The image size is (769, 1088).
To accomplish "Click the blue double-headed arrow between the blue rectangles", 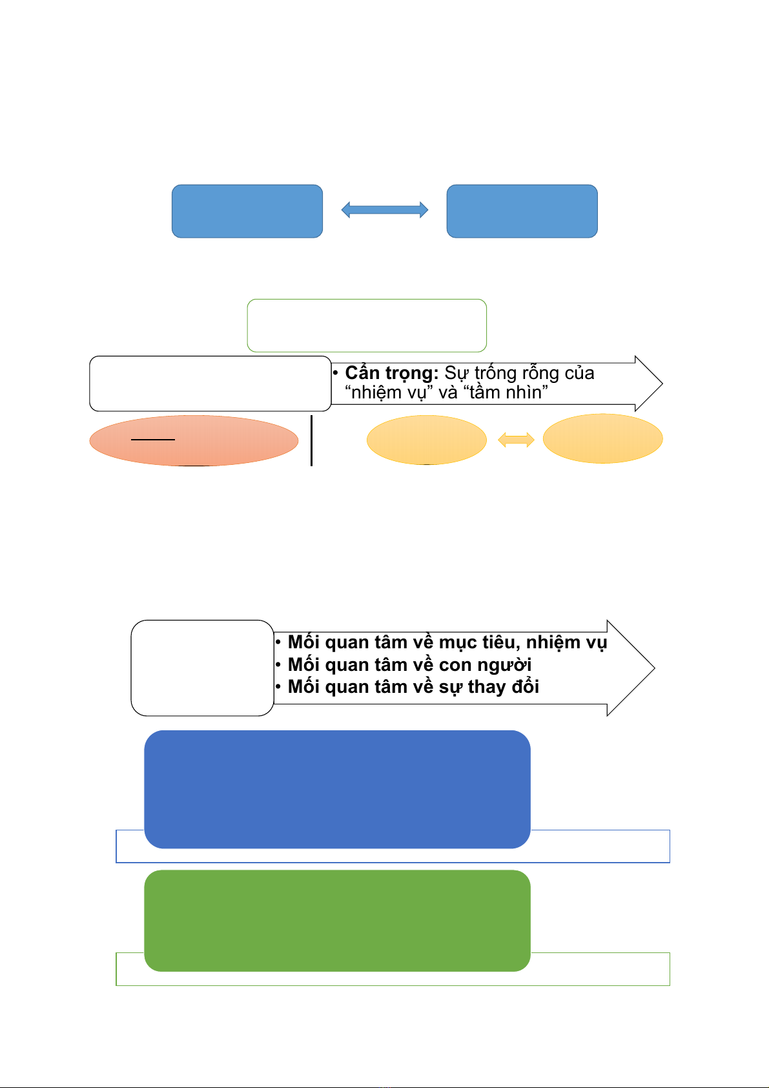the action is point(384,210).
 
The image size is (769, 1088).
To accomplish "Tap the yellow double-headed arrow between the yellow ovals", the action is point(516,440).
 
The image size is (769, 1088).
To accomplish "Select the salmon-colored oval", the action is point(194,440).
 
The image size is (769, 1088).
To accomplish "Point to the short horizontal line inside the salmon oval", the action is point(152,440).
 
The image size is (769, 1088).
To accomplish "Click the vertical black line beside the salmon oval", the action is point(311,440).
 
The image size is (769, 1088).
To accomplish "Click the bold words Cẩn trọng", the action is point(391,373).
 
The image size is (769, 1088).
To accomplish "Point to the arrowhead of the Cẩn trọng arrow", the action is point(662,384).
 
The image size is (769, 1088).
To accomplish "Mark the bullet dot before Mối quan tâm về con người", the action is point(278,664).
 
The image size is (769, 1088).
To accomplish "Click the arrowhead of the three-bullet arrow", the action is point(654,668).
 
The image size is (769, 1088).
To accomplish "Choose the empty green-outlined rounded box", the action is point(367,325).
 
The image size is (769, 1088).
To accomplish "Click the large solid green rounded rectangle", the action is point(337,920).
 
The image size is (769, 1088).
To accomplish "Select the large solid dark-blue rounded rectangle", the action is point(337,789).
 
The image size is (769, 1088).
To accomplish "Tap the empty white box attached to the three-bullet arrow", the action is point(203,668).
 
